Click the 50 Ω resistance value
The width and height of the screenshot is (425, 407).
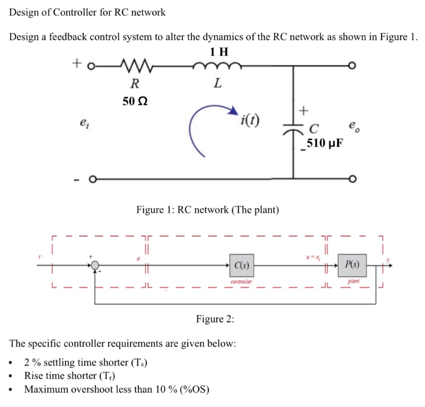135,101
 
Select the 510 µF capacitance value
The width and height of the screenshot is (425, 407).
324,143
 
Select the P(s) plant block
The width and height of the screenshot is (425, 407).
352,264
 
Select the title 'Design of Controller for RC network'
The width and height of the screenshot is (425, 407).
88,12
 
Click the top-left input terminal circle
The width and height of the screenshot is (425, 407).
91,66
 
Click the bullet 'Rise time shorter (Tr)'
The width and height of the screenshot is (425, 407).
70,376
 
